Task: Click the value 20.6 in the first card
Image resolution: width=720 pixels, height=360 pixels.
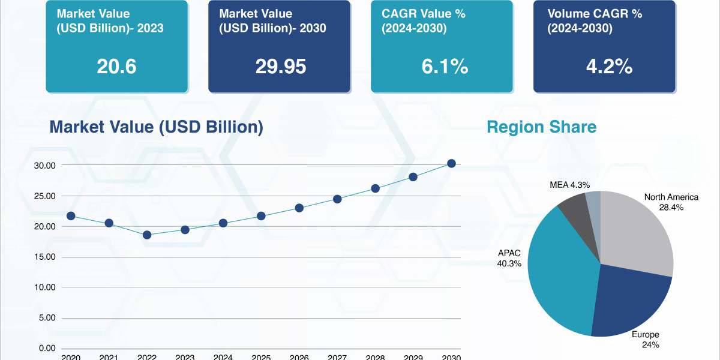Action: (x=116, y=67)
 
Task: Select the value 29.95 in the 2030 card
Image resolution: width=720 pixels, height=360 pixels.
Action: (x=280, y=67)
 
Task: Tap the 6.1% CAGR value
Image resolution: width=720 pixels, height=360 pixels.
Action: (x=444, y=67)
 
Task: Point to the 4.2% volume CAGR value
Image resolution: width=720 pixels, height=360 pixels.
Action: (x=609, y=67)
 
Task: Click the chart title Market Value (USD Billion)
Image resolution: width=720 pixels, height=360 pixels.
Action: (x=156, y=127)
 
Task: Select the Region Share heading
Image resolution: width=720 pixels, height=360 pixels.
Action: (x=541, y=127)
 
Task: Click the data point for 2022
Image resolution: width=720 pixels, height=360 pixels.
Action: (x=147, y=235)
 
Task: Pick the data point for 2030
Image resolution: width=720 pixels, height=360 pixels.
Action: (x=451, y=163)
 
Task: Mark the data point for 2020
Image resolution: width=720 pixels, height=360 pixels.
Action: (x=71, y=216)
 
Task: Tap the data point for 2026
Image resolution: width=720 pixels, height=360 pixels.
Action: (x=299, y=208)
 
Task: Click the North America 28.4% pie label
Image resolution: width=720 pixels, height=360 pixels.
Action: (x=671, y=202)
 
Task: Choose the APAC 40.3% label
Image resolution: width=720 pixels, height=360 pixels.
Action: (x=509, y=258)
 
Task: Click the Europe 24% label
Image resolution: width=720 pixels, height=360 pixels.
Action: (x=646, y=340)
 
